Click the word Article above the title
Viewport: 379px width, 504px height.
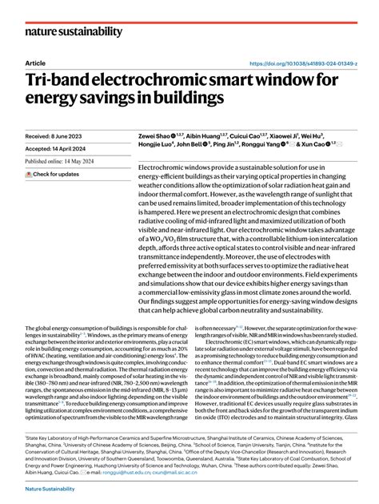tap(35, 62)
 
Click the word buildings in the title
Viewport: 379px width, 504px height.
tap(181, 98)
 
